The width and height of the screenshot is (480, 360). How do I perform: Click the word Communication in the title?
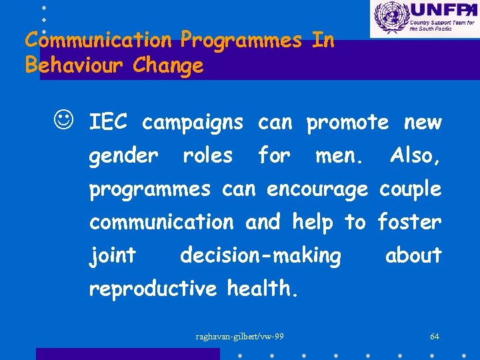coord(98,41)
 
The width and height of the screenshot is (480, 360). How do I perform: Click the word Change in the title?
coord(168,66)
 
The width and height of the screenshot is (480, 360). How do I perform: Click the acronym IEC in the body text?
coord(109,123)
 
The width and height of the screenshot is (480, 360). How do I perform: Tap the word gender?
coord(123,157)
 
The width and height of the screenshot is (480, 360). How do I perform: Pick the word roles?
coord(207,156)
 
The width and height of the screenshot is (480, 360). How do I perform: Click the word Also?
coord(415,156)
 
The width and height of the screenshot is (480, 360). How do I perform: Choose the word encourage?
coord(317,190)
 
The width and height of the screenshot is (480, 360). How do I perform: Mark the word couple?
coord(410,190)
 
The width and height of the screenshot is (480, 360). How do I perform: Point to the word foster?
coord(409,222)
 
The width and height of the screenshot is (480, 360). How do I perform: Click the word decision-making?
coord(261,256)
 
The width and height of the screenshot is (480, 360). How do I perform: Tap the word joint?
coord(113,256)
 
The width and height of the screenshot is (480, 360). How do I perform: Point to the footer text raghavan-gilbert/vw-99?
coord(239,336)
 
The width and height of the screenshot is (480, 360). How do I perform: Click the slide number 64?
coord(434,336)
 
